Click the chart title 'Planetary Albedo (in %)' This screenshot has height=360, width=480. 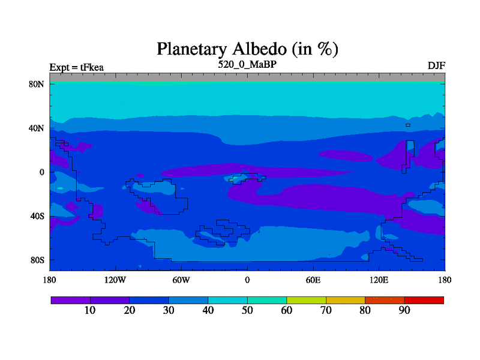[247, 49]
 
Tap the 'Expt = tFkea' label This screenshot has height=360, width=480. [77, 67]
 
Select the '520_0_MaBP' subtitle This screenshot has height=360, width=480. [247, 64]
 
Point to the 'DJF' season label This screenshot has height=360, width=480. [436, 66]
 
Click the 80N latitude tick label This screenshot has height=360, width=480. [37, 84]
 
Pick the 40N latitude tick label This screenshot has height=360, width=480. [37, 128]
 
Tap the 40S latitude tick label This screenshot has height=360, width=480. [37, 216]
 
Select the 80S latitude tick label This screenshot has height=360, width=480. [37, 260]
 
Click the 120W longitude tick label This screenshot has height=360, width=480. [115, 280]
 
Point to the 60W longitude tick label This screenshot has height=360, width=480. [181, 280]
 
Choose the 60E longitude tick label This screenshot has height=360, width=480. [313, 280]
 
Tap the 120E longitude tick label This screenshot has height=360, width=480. [379, 280]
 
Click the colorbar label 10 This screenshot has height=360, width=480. [90, 310]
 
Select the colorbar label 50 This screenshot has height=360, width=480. [247, 310]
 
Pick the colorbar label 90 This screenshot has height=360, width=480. [404, 310]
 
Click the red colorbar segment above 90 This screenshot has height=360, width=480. [424, 301]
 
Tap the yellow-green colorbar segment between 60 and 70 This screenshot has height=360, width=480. [307, 301]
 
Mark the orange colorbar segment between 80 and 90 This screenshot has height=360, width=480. [385, 301]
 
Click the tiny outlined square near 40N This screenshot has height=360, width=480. [408, 125]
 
